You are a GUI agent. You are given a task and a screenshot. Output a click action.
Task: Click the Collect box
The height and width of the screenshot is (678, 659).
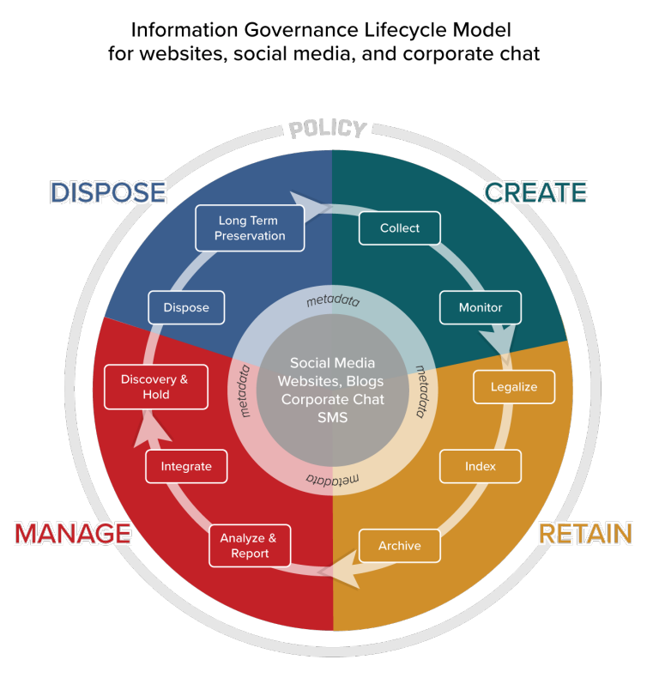(x=399, y=228)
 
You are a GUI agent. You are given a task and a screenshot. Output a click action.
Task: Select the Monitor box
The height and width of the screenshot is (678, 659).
(x=481, y=307)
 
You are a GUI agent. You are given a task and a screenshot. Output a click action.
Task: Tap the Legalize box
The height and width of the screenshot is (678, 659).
(x=513, y=386)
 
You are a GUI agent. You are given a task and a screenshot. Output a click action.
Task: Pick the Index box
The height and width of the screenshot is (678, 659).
(x=481, y=466)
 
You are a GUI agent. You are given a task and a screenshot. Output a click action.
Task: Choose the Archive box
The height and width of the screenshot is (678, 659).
(x=399, y=546)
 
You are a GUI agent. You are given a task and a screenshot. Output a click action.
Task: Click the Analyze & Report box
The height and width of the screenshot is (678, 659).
(x=249, y=546)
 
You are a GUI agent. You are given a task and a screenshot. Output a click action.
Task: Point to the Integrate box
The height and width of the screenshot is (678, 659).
(x=185, y=466)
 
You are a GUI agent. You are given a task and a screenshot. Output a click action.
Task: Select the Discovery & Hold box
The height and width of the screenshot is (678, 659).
(x=156, y=387)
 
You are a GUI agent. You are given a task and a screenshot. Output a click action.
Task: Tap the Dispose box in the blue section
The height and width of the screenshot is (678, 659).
(x=185, y=307)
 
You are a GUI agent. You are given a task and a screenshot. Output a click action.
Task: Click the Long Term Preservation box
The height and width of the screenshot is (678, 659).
(x=250, y=228)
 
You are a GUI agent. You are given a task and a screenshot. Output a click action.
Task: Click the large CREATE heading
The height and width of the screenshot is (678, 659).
(x=535, y=192)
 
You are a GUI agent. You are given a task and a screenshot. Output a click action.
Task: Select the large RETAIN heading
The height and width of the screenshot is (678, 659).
(x=584, y=533)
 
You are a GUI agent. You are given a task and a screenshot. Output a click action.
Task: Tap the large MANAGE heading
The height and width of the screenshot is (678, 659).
(x=73, y=533)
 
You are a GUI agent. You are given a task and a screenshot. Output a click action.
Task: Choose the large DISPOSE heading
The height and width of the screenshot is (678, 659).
(x=108, y=192)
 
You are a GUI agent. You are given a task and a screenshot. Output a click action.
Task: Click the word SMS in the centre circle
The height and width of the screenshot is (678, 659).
(x=332, y=417)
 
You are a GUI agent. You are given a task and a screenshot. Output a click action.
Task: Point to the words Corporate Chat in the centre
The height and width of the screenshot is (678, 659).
(x=332, y=399)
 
